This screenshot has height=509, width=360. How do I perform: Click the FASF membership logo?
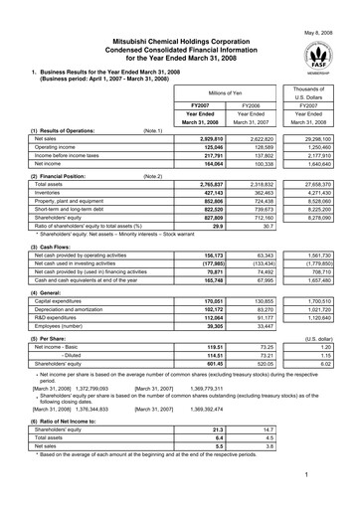pyautogui.click(x=323, y=54)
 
